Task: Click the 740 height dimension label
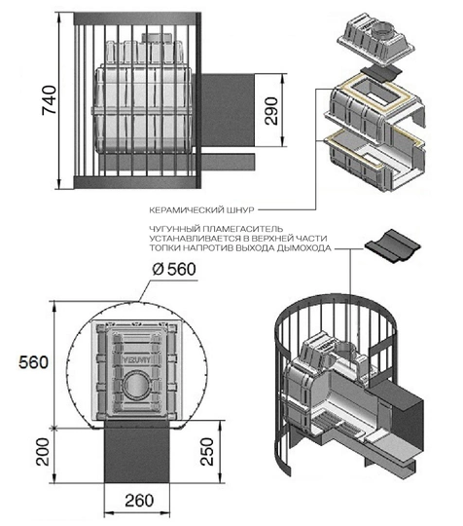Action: [x=50, y=100]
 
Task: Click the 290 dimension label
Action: [x=271, y=111]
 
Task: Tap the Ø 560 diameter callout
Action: [x=174, y=270]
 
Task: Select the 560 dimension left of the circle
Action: [x=33, y=362]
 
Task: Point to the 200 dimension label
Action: [x=43, y=452]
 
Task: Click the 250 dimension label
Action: [x=207, y=451]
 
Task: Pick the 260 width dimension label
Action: [x=139, y=501]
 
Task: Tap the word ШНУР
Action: [x=241, y=210]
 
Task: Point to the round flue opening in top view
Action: [x=136, y=385]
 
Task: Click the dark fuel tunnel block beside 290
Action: [x=228, y=110]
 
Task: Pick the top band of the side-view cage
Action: [x=137, y=19]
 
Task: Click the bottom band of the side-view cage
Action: [x=137, y=182]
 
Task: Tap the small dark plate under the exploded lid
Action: [x=381, y=73]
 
